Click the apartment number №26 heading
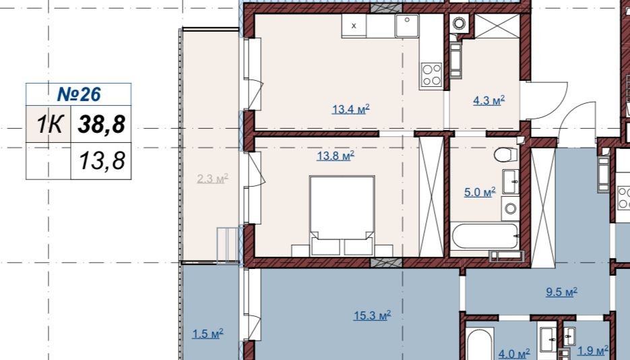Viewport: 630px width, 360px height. pyautogui.click(x=79, y=94)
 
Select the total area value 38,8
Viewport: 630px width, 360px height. pyautogui.click(x=102, y=124)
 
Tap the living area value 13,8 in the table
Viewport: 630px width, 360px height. pyautogui.click(x=102, y=160)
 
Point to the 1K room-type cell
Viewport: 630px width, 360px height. pyautogui.click(x=49, y=124)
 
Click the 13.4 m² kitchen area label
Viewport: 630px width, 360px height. pyautogui.click(x=351, y=109)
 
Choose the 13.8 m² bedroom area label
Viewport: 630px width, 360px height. pyautogui.click(x=336, y=156)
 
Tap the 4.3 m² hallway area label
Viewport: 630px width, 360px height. pyautogui.click(x=489, y=100)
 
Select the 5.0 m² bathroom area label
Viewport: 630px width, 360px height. pyautogui.click(x=480, y=192)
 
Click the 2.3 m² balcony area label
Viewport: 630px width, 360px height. pyautogui.click(x=212, y=179)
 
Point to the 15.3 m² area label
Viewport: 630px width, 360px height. pyautogui.click(x=373, y=316)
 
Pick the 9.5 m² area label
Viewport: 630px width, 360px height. pyautogui.click(x=561, y=292)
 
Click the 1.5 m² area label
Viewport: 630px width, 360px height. pyautogui.click(x=208, y=334)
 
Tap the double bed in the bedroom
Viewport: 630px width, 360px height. pyautogui.click(x=342, y=216)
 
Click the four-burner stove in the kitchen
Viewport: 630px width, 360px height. pyautogui.click(x=431, y=75)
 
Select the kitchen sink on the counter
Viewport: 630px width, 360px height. pyautogui.click(x=406, y=26)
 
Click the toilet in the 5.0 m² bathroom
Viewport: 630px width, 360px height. pyautogui.click(x=505, y=154)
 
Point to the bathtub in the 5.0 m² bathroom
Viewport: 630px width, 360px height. pyautogui.click(x=484, y=236)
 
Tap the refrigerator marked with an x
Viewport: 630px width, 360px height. pyautogui.click(x=354, y=26)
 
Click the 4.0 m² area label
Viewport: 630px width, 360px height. pyautogui.click(x=514, y=354)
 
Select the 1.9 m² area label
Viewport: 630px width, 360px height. pyautogui.click(x=593, y=351)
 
